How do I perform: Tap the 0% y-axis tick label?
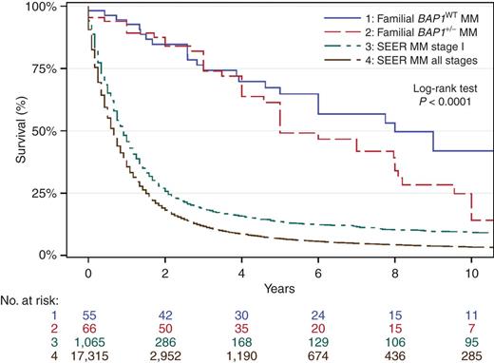[45, 255]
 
